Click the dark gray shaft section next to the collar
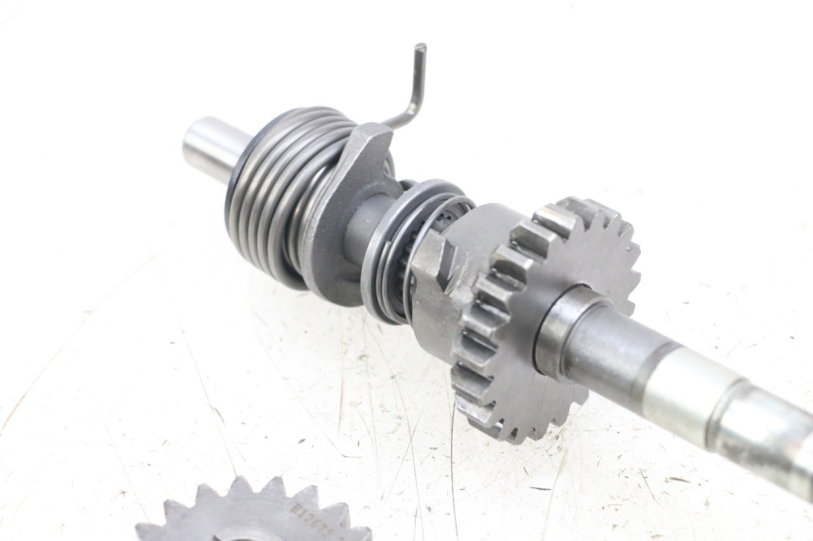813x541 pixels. (614, 349)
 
